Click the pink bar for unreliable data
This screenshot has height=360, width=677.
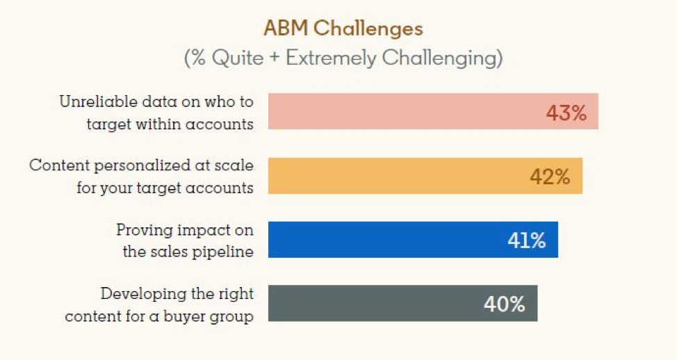(x=433, y=111)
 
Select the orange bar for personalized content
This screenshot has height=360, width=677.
(x=425, y=176)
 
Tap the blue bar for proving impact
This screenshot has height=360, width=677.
(x=413, y=240)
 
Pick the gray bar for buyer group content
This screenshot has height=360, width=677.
(x=403, y=303)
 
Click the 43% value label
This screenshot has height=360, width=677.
(x=566, y=113)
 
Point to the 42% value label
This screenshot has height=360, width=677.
(x=550, y=177)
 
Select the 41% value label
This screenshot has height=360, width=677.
(x=526, y=240)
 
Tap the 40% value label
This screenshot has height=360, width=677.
(x=505, y=304)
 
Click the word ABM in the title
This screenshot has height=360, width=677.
(x=286, y=28)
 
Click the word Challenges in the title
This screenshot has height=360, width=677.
(x=368, y=29)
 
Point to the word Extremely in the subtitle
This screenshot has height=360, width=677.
(x=331, y=58)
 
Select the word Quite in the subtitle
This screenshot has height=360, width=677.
(x=238, y=58)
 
